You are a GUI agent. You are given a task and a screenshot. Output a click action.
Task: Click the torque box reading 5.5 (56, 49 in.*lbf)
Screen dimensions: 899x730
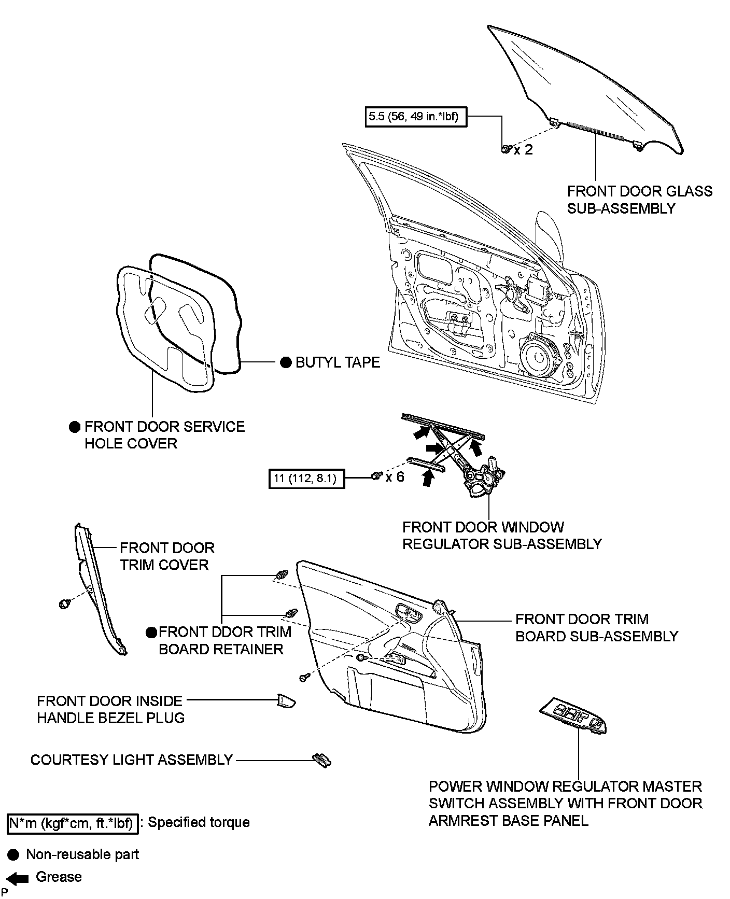pos(414,117)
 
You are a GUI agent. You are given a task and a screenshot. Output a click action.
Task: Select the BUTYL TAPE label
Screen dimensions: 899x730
pos(338,362)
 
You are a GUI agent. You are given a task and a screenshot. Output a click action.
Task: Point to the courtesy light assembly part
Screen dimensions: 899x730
pos(321,760)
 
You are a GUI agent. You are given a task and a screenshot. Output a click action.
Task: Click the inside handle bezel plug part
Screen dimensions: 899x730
pos(285,701)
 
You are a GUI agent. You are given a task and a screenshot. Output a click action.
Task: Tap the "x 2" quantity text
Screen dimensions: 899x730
pos(523,150)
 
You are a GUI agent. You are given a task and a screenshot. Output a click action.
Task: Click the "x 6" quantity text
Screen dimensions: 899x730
pos(395,476)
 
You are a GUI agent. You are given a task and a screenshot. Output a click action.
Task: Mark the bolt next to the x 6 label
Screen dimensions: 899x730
pos(376,475)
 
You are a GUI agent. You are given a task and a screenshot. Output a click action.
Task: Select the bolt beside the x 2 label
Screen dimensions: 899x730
pos(506,149)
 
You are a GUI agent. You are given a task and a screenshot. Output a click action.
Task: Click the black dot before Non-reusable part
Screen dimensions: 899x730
pos(14,854)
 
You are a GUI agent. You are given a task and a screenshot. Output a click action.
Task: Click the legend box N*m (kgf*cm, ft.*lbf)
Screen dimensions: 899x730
pos(73,823)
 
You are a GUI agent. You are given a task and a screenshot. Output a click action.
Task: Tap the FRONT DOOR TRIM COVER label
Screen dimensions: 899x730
pos(167,556)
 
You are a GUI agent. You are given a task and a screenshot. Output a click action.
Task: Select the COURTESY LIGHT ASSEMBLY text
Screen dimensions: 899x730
pos(132,760)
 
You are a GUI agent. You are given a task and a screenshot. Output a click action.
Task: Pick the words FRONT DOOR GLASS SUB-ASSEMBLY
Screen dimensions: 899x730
pos(639,200)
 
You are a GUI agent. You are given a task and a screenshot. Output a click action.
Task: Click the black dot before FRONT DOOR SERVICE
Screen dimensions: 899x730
pos(75,427)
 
